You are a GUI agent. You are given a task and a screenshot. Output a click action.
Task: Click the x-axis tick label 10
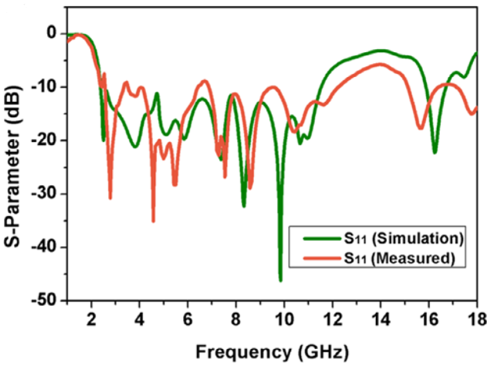(285, 319)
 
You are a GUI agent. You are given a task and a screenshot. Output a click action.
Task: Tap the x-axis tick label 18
(477, 319)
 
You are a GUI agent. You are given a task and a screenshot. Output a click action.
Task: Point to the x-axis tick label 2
(91, 319)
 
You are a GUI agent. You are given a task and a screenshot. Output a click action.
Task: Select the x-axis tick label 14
(381, 319)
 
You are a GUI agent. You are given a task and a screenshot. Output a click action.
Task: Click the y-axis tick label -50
(46, 300)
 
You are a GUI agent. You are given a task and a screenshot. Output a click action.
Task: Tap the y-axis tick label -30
(46, 194)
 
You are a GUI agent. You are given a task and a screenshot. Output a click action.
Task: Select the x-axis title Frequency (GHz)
(272, 352)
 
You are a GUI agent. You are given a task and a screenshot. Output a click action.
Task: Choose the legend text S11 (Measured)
(399, 258)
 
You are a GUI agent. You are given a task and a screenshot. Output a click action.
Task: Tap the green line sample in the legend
(322, 239)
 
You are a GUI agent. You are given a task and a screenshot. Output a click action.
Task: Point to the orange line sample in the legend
(322, 258)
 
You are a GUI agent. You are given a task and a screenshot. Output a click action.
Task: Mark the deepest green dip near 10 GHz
(280, 280)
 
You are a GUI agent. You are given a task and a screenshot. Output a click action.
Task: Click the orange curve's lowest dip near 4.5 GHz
(153, 221)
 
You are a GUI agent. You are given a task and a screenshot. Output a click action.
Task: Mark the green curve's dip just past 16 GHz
(435, 153)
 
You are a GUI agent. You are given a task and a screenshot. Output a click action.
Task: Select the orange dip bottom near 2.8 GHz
(110, 198)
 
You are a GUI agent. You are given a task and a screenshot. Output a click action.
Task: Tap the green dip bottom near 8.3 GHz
(244, 206)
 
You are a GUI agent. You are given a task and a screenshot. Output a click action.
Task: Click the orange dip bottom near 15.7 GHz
(421, 128)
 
